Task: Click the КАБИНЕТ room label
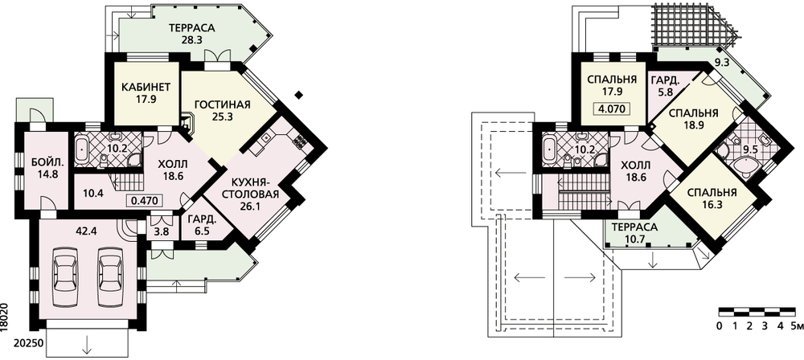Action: tap(146, 86)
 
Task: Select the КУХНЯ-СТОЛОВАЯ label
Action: tap(255, 188)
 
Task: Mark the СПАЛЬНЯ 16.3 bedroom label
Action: tap(712, 198)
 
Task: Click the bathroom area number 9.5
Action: tap(751, 149)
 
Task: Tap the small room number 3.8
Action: tap(162, 231)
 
